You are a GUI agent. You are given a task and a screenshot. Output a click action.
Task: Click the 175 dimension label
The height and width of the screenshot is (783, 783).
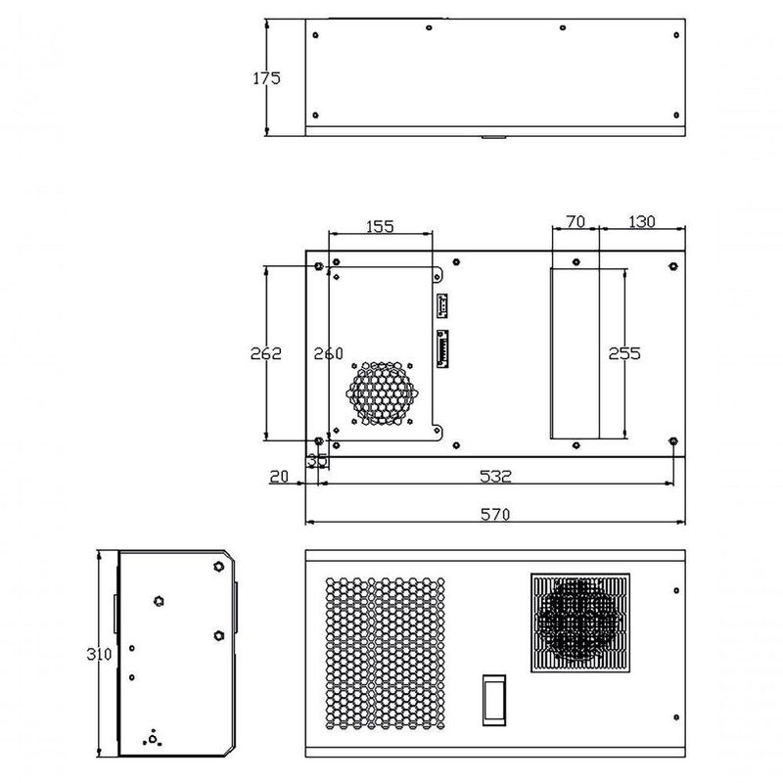pyautogui.click(x=266, y=78)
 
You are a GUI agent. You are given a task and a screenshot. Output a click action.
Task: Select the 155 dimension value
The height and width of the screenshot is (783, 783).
pyautogui.click(x=380, y=226)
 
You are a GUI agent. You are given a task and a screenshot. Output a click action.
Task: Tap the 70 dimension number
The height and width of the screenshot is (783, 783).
pyautogui.click(x=576, y=221)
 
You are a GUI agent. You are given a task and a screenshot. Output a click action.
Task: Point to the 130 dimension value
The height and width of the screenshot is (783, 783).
pyautogui.click(x=641, y=221)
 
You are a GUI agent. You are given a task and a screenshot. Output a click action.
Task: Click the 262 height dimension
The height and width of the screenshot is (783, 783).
pyautogui.click(x=265, y=353)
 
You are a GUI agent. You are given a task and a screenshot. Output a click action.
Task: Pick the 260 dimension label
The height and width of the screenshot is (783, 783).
pyautogui.click(x=329, y=353)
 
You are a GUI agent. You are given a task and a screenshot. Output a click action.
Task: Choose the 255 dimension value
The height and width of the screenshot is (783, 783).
pyautogui.click(x=624, y=353)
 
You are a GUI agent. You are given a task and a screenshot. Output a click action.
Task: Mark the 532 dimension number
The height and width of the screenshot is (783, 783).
pyautogui.click(x=495, y=477)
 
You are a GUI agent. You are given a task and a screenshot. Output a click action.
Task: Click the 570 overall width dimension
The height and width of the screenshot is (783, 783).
pyautogui.click(x=495, y=514)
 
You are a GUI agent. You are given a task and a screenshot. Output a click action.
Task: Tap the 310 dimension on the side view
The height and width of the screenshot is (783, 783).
pyautogui.click(x=99, y=654)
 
